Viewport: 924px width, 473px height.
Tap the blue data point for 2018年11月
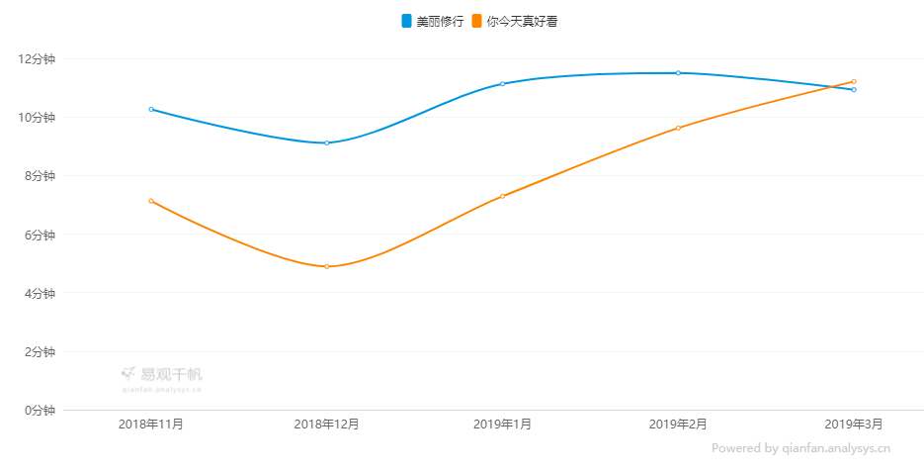tap(151, 109)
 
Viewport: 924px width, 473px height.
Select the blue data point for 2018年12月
tap(327, 142)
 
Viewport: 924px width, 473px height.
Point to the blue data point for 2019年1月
tap(502, 84)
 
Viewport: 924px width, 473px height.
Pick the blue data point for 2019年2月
tap(678, 72)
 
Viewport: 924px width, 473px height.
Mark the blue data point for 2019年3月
tap(854, 90)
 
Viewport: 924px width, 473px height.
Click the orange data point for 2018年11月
tap(151, 201)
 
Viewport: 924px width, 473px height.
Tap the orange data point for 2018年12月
tap(327, 266)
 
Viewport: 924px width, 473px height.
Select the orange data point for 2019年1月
tap(502, 196)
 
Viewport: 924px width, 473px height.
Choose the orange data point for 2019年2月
tap(678, 128)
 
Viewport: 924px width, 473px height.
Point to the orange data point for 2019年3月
tap(854, 81)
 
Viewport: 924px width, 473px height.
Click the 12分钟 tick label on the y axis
tap(38, 58)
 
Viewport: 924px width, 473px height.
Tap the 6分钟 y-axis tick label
tap(38, 235)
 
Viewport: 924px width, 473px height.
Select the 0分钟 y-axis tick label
tap(38, 410)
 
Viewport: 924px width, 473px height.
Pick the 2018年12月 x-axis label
tap(327, 425)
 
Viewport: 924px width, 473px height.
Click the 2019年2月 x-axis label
tap(678, 425)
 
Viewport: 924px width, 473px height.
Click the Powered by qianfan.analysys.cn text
tap(800, 448)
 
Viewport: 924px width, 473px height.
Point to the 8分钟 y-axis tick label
tap(38, 176)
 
